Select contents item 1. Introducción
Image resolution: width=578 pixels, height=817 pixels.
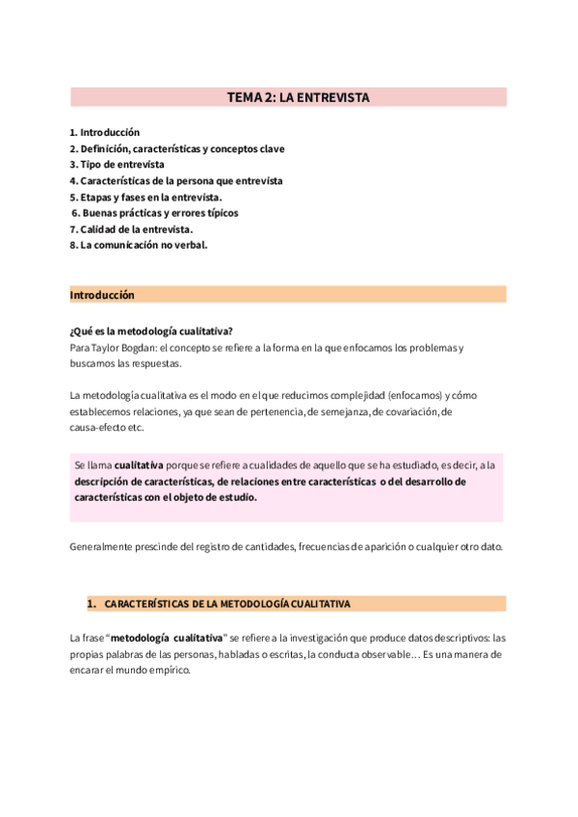105,132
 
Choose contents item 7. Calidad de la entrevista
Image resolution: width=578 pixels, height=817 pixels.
131,229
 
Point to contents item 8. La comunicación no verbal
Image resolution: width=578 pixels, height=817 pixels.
139,246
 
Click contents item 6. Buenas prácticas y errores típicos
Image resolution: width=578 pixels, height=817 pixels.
155,213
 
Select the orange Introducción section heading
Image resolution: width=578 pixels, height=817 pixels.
102,295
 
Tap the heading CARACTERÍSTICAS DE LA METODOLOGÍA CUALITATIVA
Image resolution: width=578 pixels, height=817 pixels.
227,604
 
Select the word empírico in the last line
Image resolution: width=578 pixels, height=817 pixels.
165,671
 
